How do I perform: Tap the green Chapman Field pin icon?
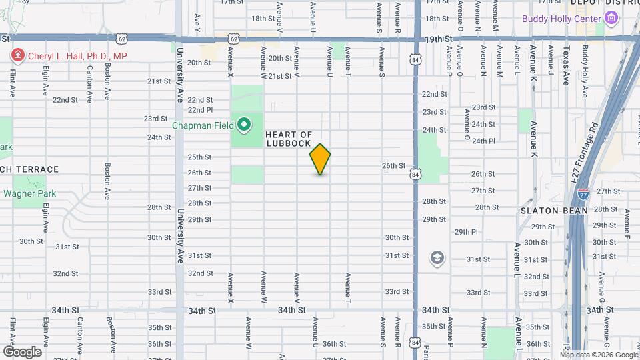pyautogui.click(x=244, y=124)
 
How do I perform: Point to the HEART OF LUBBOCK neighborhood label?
pyautogui.click(x=289, y=139)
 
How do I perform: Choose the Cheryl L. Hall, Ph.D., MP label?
pyautogui.click(x=77, y=57)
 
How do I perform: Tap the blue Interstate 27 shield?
pyautogui.click(x=583, y=194)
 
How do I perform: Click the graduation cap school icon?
pyautogui.click(x=437, y=258)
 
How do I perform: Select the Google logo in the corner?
pyautogui.click(x=22, y=351)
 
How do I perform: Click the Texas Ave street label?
pyautogui.click(x=567, y=65)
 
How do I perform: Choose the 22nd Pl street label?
pyautogui.click(x=200, y=109)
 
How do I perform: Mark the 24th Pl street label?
pyautogui.click(x=483, y=141)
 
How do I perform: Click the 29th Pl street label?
pyautogui.click(x=467, y=231)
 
